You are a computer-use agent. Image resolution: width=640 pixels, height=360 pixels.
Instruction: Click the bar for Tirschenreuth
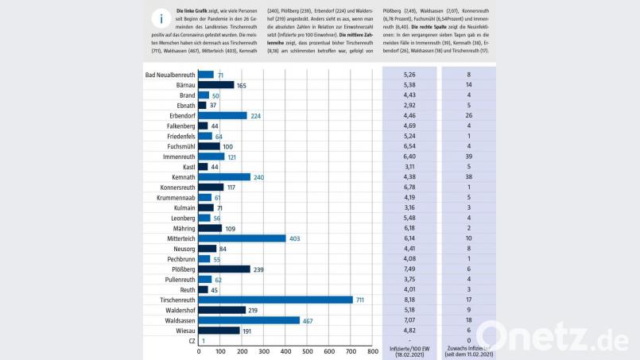(275, 300)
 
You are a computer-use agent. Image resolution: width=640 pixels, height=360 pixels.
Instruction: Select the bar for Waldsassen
(249, 320)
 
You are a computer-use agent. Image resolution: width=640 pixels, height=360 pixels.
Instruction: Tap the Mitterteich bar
(242, 238)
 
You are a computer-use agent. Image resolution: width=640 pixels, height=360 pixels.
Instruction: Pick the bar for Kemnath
(224, 177)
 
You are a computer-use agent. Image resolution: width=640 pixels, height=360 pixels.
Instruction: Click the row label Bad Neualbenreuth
(170, 75)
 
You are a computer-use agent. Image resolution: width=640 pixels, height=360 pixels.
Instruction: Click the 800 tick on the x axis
(372, 351)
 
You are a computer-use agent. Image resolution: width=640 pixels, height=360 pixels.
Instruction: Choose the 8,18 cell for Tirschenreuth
(409, 300)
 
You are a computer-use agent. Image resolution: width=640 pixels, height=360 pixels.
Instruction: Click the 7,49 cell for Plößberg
(409, 269)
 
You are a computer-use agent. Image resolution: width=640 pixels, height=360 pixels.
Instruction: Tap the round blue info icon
(161, 20)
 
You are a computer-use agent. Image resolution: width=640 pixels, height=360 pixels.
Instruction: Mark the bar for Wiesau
(219, 331)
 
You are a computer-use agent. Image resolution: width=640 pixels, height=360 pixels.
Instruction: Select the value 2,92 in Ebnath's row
(409, 105)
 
